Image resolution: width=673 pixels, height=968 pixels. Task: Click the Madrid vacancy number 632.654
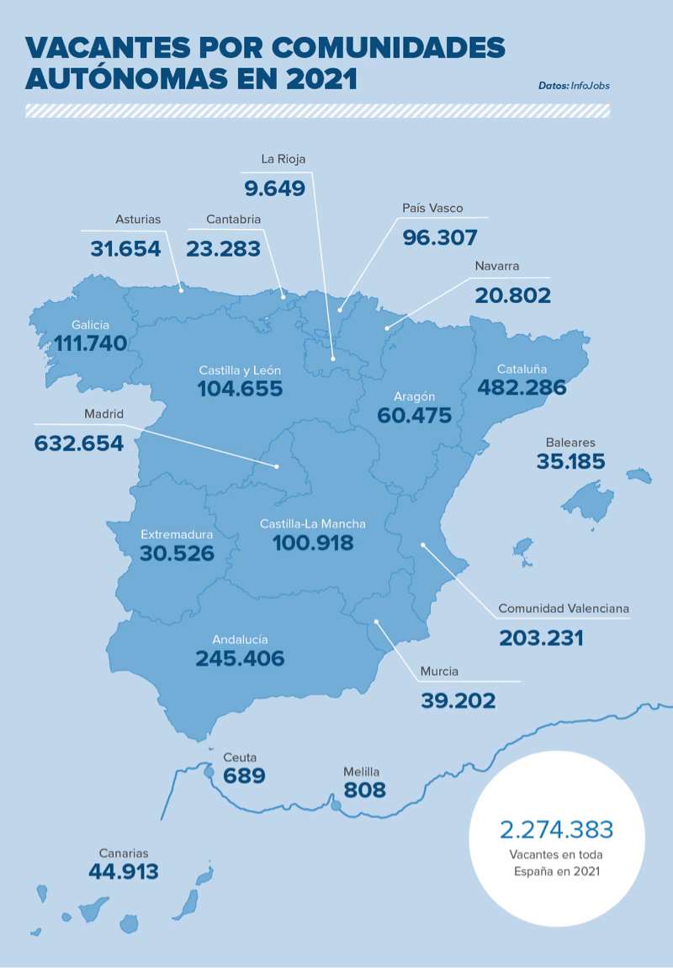[79, 444]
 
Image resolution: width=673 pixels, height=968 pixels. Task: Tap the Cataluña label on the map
[522, 369]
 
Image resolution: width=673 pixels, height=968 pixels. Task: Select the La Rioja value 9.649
[274, 188]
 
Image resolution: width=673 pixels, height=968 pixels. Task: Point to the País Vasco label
[432, 208]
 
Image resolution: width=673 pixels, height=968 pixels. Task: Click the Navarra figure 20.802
[512, 295]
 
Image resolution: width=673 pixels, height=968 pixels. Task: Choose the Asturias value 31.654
[125, 249]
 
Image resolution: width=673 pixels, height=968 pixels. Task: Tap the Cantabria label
[234, 220]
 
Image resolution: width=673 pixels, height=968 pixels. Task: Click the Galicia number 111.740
[90, 343]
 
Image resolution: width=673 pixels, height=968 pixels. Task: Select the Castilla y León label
[240, 370]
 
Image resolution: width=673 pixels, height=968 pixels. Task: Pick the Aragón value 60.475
[415, 416]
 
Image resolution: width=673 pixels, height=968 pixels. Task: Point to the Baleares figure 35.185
[570, 462]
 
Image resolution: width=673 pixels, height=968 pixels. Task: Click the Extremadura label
[177, 535]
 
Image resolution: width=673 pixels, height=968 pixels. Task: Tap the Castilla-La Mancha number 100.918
[313, 543]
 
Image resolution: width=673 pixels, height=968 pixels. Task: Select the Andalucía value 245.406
[240, 658]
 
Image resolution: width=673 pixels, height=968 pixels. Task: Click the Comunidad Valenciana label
[564, 609]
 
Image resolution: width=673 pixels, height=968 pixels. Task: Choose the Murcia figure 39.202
[458, 700]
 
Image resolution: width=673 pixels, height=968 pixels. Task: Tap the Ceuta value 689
[244, 776]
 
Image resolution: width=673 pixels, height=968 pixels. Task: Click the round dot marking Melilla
[336, 806]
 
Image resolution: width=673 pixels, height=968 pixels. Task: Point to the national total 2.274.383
[556, 829]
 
